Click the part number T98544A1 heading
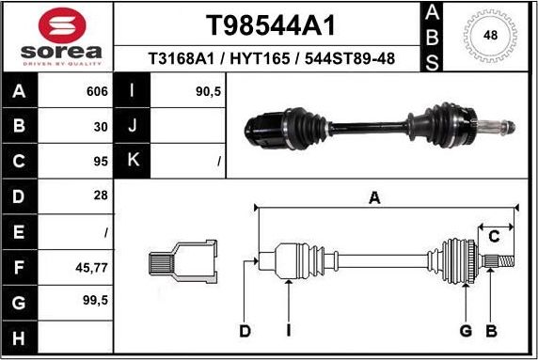click(271, 24)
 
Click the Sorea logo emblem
click(56, 25)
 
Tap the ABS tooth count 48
click(490, 36)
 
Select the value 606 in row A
click(97, 92)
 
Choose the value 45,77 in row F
click(92, 267)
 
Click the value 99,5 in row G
click(95, 302)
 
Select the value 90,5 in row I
click(207, 92)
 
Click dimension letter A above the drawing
click(373, 197)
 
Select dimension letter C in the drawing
click(493, 235)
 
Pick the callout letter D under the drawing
click(245, 330)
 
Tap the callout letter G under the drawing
click(465, 330)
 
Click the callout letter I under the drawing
click(289, 330)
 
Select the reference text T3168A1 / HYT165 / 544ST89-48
click(271, 59)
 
